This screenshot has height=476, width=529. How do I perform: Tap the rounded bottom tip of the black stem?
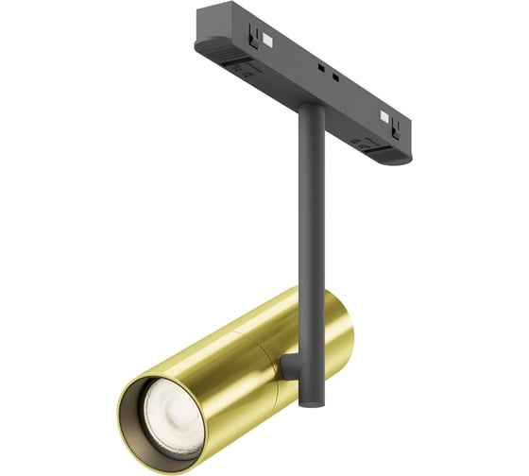click(x=307, y=402)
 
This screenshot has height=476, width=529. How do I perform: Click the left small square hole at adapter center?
click(x=322, y=68)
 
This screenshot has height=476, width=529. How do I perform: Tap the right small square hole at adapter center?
click(x=334, y=75)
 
